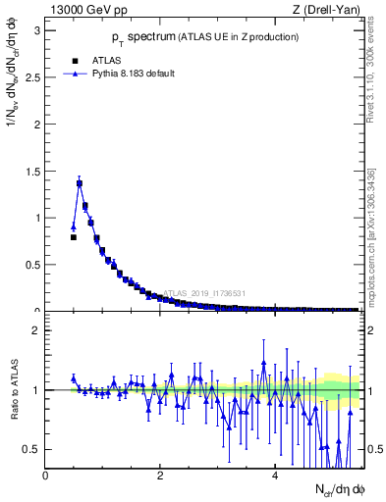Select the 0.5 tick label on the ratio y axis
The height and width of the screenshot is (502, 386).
[30, 449]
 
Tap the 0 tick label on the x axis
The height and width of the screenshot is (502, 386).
[46, 476]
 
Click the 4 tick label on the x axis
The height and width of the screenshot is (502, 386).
[275, 476]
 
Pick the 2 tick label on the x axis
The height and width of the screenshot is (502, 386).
[160, 476]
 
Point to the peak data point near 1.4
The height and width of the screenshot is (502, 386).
[80, 183]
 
